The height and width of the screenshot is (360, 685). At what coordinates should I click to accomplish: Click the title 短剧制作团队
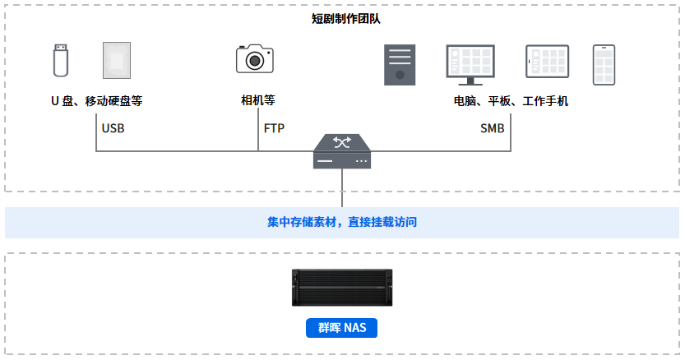point(342,18)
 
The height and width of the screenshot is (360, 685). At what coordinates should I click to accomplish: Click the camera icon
point(254,59)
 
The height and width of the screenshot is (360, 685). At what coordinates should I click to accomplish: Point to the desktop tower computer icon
point(400,65)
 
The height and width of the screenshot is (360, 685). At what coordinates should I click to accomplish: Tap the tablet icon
point(548,63)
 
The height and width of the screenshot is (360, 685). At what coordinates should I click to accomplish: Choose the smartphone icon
point(604,65)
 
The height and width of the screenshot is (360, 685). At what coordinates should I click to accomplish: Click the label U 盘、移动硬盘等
point(97,102)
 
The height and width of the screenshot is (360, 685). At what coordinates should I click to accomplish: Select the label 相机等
point(258,101)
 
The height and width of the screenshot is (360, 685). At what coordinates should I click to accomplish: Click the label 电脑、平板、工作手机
point(511,102)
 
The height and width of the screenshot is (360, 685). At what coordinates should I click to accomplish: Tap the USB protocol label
point(113,129)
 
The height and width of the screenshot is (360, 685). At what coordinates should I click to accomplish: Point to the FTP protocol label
point(274,129)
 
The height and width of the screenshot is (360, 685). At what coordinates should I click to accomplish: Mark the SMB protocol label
point(493,129)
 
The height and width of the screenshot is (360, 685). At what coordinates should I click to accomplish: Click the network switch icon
point(342,153)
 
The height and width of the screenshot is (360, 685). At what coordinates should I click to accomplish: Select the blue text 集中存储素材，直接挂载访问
point(342,222)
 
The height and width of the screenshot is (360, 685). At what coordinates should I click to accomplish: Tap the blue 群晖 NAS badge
point(342,329)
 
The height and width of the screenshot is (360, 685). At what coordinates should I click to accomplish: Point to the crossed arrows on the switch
point(342,143)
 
